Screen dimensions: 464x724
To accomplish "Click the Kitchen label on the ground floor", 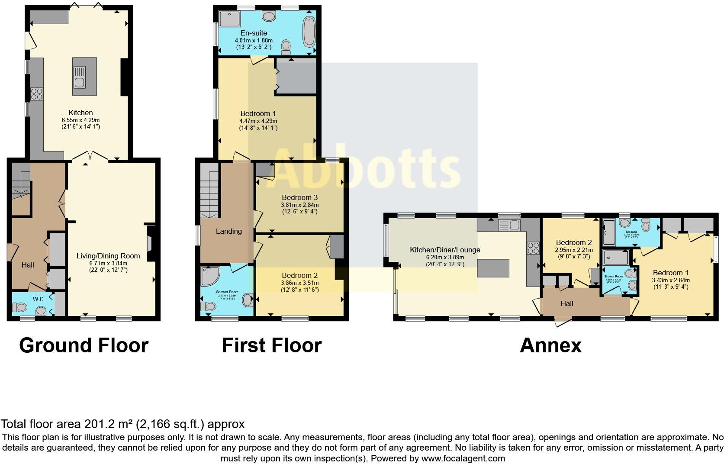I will tap(80, 113).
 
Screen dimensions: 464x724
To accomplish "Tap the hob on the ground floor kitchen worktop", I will tap(36, 93).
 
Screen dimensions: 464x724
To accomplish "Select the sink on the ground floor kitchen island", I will tap(79, 83).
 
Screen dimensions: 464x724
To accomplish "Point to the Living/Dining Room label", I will tap(102, 256).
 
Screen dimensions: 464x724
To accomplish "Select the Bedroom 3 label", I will tap(300, 197).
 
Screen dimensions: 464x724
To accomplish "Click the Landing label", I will tap(228, 231).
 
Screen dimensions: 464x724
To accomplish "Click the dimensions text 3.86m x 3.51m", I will tap(300, 283).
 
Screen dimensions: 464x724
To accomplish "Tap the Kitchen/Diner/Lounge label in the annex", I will tap(445, 250).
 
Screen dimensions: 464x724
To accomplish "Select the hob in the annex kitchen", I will tap(533, 248).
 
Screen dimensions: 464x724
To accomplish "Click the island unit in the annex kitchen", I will tap(493, 268).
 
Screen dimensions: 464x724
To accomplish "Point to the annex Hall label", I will tap(567, 303).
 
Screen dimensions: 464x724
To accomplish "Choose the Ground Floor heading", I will tap(84, 345).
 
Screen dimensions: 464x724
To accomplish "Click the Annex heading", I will tap(550, 345).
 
